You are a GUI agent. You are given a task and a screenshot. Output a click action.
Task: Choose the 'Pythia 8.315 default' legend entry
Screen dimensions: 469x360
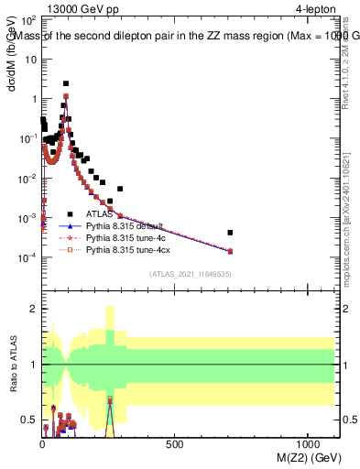pos(126,224)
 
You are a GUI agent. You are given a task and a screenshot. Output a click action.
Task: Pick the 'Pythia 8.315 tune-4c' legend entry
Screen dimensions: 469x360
pos(126,236)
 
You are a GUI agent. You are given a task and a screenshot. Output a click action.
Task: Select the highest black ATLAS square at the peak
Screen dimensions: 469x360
pos(66,83)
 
